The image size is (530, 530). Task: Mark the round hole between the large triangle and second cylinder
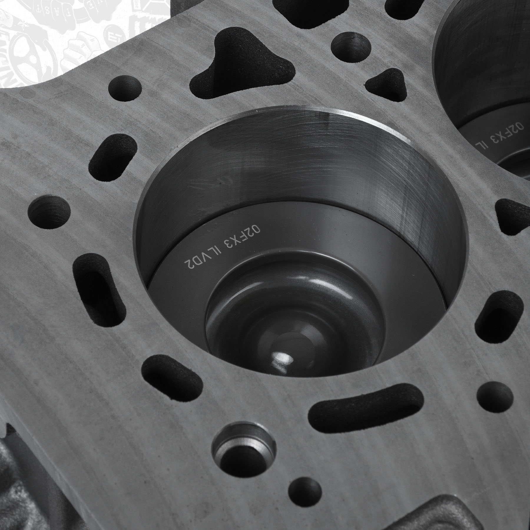point(350,46)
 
